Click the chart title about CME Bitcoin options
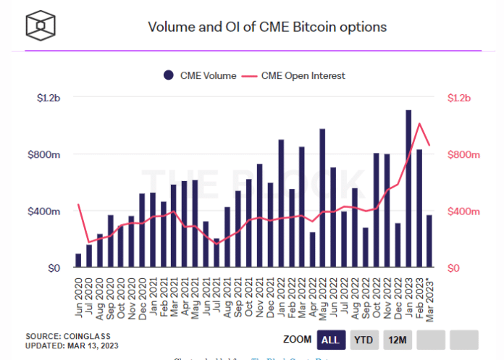267,27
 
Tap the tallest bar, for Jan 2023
408,189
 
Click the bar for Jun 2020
78,261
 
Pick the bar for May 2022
322,198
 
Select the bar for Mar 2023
429,241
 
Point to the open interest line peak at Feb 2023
419,123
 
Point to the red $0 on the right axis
454,269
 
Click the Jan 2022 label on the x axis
281,293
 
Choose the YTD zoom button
364,340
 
